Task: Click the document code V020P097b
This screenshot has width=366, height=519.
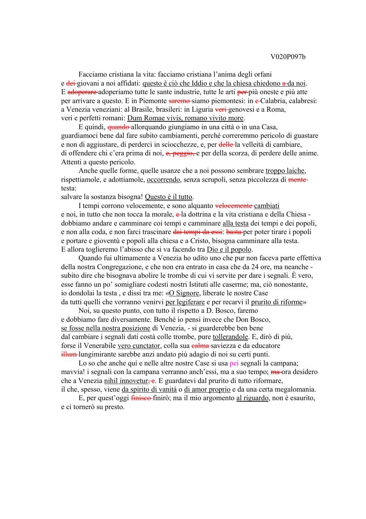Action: (288, 57)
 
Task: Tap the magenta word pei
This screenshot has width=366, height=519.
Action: (234, 363)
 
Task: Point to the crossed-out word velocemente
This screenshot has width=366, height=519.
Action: (234, 206)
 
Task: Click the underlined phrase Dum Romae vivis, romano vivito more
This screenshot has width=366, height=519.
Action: (185, 118)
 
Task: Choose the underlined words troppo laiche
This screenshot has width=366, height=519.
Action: (285, 171)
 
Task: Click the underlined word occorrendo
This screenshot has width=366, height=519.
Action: (163, 180)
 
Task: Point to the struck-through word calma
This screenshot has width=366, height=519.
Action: (201, 346)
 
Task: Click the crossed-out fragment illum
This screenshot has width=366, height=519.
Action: (69, 354)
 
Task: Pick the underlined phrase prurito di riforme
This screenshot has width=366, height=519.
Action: (277, 302)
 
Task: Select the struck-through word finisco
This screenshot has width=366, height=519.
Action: (142, 398)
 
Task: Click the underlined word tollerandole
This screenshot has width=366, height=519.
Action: (230, 337)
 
